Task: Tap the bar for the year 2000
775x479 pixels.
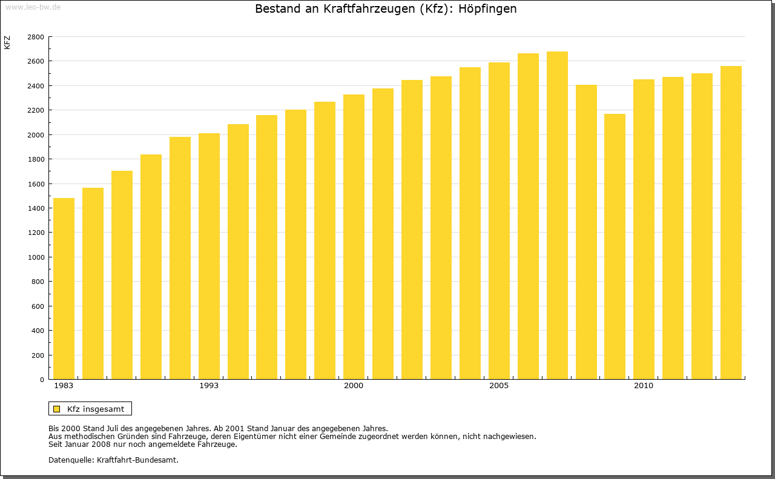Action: (x=354, y=237)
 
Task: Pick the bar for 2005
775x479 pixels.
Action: (x=499, y=220)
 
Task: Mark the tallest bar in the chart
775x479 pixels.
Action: (x=557, y=215)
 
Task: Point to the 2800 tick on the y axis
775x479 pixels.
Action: (x=36, y=37)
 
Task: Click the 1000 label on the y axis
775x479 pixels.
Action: (x=36, y=257)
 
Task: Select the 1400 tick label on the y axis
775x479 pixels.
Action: (x=36, y=208)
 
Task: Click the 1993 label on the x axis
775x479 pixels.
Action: (x=209, y=386)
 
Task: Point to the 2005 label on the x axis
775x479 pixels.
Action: (x=499, y=386)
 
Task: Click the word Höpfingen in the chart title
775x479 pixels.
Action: (x=487, y=9)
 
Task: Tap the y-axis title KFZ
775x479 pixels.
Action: (x=7, y=42)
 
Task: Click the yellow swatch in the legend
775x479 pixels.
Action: (x=56, y=409)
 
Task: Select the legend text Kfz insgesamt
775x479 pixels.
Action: (x=96, y=409)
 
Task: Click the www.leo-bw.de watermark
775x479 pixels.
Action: (x=32, y=7)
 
